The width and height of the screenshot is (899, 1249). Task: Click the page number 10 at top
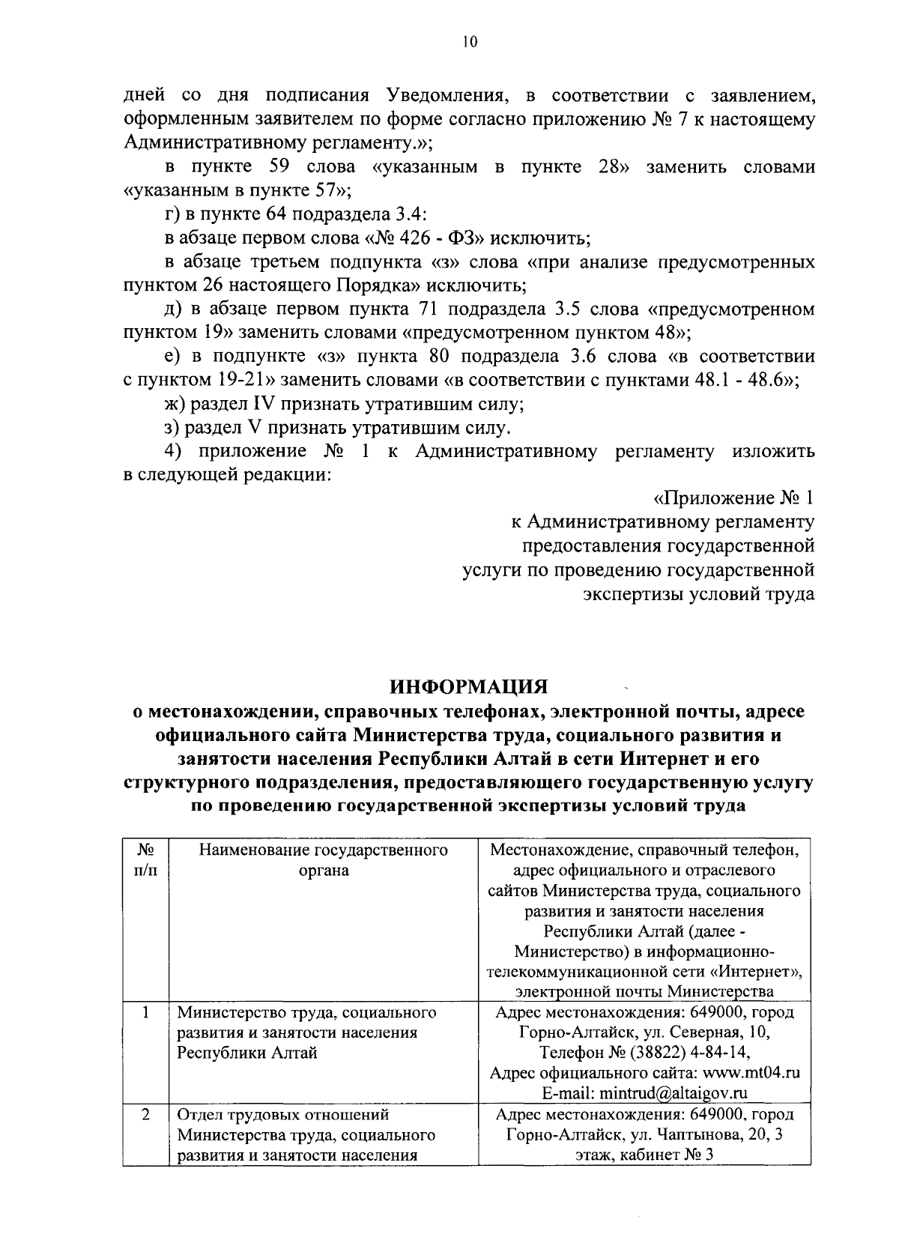click(x=469, y=43)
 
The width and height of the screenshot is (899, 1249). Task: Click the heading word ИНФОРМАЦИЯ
click(x=470, y=686)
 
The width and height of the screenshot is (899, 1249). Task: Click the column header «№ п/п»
click(x=146, y=861)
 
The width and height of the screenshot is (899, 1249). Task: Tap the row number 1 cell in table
click(x=146, y=1012)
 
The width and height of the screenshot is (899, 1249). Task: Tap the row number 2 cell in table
click(x=146, y=1114)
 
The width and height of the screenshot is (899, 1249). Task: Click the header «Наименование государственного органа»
click(x=323, y=860)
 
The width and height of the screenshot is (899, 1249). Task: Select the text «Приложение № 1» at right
click(x=734, y=498)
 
